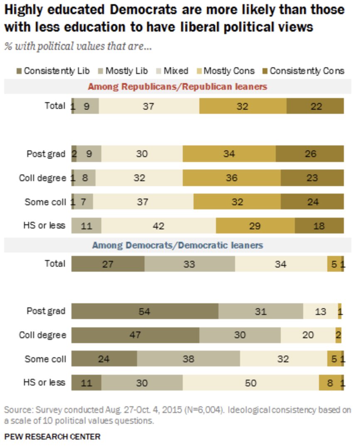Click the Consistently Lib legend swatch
[19, 71]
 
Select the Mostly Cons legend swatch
[199, 71]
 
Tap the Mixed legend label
[176, 71]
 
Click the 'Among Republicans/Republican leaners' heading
[177, 87]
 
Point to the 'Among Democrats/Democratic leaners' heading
[177, 245]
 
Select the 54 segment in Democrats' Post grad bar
[145, 311]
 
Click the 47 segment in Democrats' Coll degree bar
[135, 335]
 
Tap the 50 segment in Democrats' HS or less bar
[251, 383]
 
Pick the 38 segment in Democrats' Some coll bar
[188, 359]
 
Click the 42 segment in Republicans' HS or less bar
[158, 226]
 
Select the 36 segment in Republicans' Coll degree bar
[232, 178]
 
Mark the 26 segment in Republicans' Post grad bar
[310, 154]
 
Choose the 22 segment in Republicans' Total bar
[315, 106]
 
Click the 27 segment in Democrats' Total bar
[108, 264]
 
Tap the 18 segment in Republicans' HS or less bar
[319, 226]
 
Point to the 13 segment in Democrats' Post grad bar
[321, 311]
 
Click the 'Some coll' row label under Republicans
[45, 202]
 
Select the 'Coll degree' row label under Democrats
[42, 335]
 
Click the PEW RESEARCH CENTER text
[52, 437]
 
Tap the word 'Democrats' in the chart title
[143, 10]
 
